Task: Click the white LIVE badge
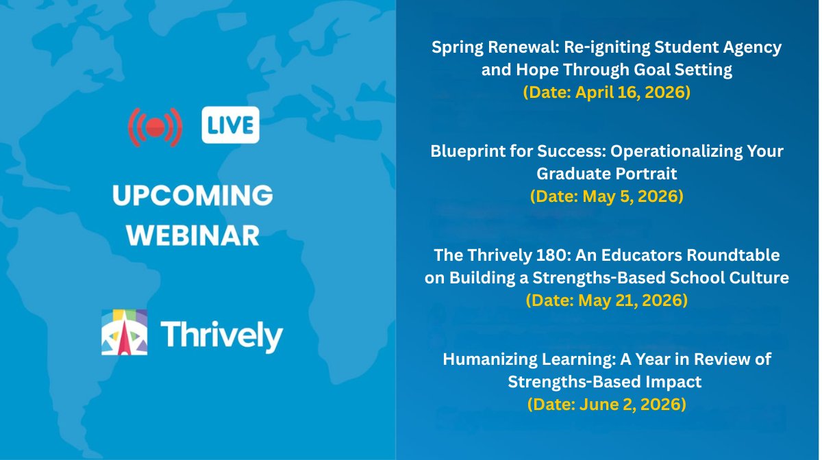[230, 125]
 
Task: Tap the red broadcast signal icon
[155, 126]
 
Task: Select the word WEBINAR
[193, 235]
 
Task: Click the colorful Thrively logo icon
[125, 333]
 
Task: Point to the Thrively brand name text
[221, 336]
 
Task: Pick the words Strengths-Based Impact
[606, 382]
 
